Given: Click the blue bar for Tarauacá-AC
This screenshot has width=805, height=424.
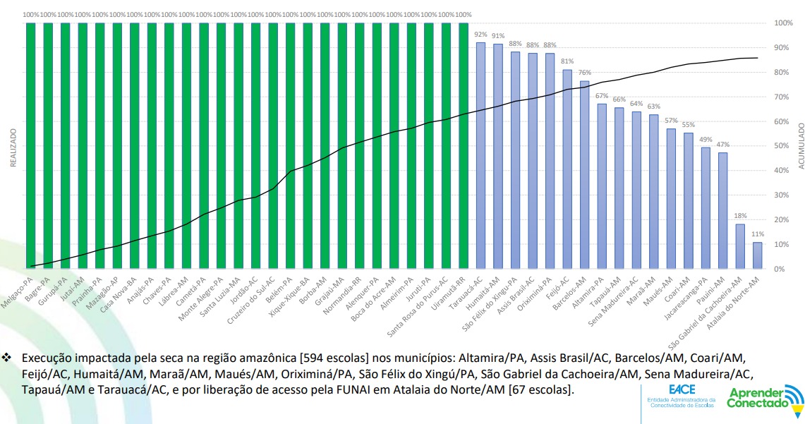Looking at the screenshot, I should (480, 155).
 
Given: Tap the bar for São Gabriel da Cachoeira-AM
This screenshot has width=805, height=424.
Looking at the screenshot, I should (740, 246).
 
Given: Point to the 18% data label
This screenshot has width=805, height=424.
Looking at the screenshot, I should (740, 216).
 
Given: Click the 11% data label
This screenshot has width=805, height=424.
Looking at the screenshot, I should (758, 234).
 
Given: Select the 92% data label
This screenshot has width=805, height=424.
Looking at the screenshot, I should (480, 34).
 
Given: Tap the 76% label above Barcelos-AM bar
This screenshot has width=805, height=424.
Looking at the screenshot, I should (584, 72).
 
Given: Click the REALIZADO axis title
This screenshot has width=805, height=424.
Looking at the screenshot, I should (13, 146).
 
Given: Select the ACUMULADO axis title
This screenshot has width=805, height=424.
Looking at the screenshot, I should (801, 146).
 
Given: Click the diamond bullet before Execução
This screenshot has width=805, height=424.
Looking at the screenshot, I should (8, 358).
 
